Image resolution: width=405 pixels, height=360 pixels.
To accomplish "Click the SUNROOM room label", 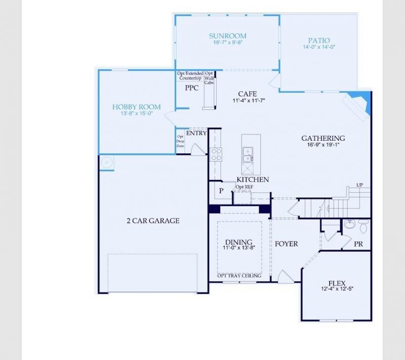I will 228,36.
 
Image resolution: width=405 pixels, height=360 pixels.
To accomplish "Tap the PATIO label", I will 319,41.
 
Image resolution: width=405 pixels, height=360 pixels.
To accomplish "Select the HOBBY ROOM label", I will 136,107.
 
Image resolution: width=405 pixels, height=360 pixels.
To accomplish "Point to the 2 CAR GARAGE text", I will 153,221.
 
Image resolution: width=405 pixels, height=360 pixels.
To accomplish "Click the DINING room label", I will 238,242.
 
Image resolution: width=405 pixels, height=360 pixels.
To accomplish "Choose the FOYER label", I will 287,244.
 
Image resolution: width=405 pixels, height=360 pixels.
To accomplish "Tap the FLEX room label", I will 337,284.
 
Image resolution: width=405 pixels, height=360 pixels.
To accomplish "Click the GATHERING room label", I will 323,138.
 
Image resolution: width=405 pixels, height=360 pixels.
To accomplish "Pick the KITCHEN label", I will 253,180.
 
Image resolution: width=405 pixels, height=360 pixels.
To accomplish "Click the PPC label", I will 191,88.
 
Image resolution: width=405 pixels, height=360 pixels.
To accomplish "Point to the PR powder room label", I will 358,244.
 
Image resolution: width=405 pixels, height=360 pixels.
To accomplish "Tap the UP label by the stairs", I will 360,184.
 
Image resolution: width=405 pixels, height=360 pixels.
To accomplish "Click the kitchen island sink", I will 248,151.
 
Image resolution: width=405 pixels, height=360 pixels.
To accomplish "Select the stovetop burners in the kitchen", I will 216,154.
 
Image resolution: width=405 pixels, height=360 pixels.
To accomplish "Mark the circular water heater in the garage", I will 107,163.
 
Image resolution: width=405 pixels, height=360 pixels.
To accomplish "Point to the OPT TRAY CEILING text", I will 239,276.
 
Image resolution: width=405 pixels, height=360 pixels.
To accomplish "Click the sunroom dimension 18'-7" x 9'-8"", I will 228,43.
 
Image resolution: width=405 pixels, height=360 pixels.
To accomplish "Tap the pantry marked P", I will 221,191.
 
